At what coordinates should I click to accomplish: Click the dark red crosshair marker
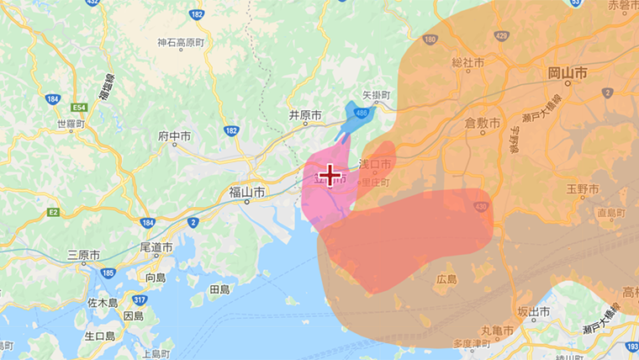click(330, 175)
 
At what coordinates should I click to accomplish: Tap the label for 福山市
click(247, 193)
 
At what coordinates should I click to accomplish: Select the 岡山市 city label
click(568, 74)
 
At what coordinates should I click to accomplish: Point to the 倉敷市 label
click(483, 123)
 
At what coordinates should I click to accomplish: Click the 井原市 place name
click(305, 114)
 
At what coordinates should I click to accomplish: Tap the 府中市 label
click(175, 135)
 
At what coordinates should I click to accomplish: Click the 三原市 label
click(84, 254)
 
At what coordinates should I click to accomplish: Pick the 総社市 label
click(468, 62)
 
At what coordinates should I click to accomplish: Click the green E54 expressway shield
click(80, 108)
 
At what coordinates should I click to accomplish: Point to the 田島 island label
click(219, 289)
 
